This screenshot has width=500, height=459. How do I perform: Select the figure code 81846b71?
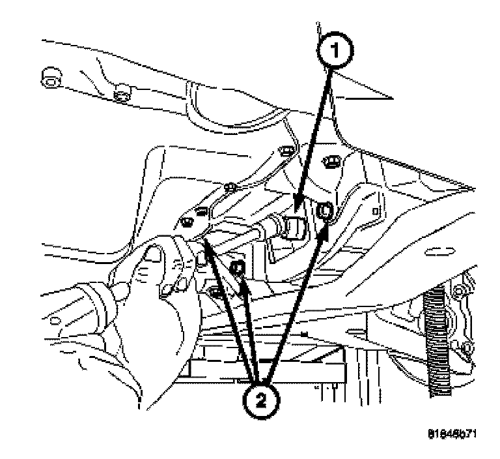tap(450, 434)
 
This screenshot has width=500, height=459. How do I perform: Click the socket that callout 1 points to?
tap(293, 228)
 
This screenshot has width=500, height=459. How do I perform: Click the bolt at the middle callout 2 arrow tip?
tap(238, 268)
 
